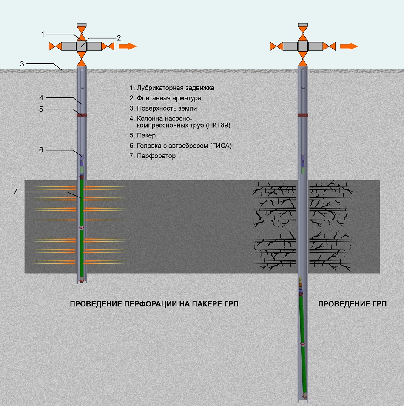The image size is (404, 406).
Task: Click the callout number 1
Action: (43, 34)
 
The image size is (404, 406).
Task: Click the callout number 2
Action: (119, 37)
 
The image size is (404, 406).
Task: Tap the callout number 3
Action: (22, 64)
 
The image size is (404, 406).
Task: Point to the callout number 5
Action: (41, 109)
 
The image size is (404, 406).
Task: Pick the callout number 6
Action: (41, 149)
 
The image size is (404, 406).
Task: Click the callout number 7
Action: (15, 192)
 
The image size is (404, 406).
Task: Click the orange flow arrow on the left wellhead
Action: (127, 46)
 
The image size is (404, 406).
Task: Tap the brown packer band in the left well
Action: (82, 115)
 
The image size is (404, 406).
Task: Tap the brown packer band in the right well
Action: (303, 115)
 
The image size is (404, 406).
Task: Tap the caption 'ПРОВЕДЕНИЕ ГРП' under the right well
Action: (353, 304)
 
